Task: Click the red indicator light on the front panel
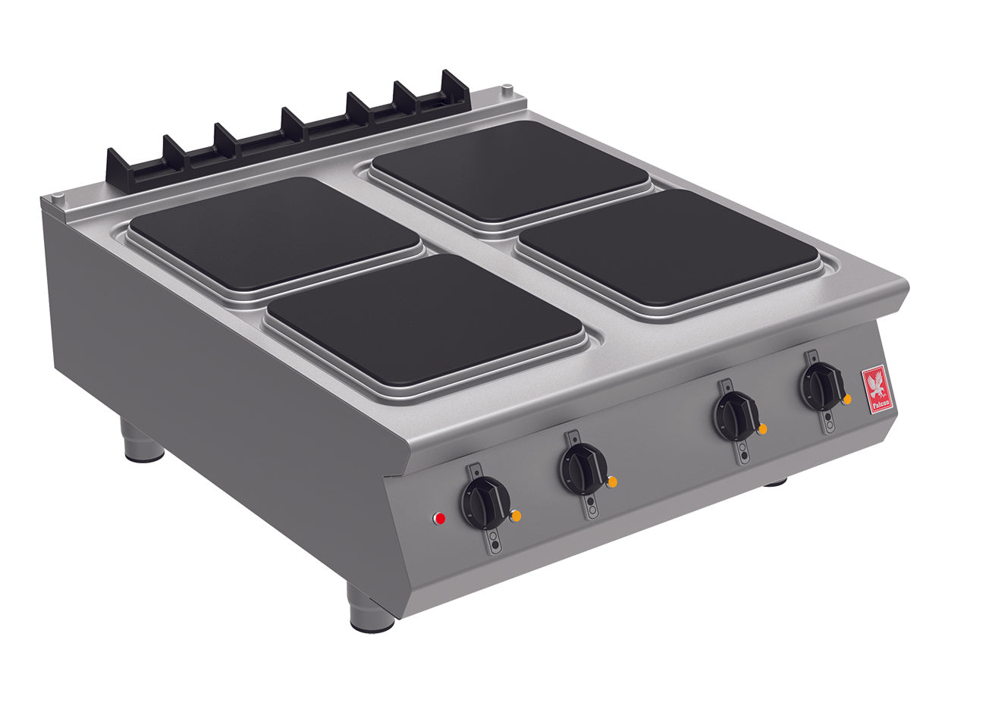point(438,519)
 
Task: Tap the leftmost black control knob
point(483,503)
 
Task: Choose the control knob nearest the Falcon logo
point(821,387)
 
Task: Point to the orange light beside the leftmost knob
point(516,516)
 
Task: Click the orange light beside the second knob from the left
point(612,482)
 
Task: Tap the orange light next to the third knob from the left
point(762,429)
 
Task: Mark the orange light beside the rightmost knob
point(847,399)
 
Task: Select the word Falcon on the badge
point(880,405)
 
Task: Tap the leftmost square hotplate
point(275,232)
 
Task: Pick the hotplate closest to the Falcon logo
point(667,247)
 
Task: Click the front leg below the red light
point(371,609)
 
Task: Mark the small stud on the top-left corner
point(58,199)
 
